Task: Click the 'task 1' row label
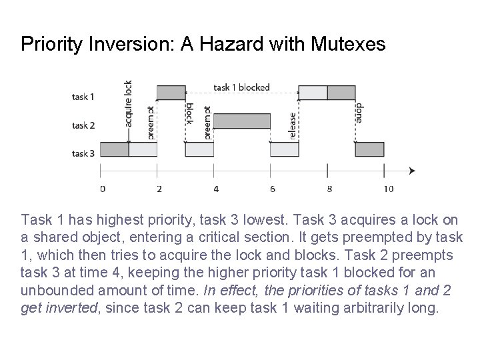pos(83,97)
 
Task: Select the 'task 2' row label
pos(83,125)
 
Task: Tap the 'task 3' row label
pos(83,154)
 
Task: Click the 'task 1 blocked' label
pos(241,87)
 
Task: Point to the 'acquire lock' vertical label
pos(128,103)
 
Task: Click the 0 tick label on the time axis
pos(102,189)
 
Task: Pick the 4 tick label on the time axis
pos(215,189)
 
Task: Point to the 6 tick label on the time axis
pos(272,189)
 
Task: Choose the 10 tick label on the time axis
pos(388,189)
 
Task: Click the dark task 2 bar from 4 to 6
pos(242,121)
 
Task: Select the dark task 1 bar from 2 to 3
pos(171,92)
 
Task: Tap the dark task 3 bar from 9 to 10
pos(369,149)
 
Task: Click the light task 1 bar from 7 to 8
pos(313,92)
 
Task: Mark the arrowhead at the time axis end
pos(412,171)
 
